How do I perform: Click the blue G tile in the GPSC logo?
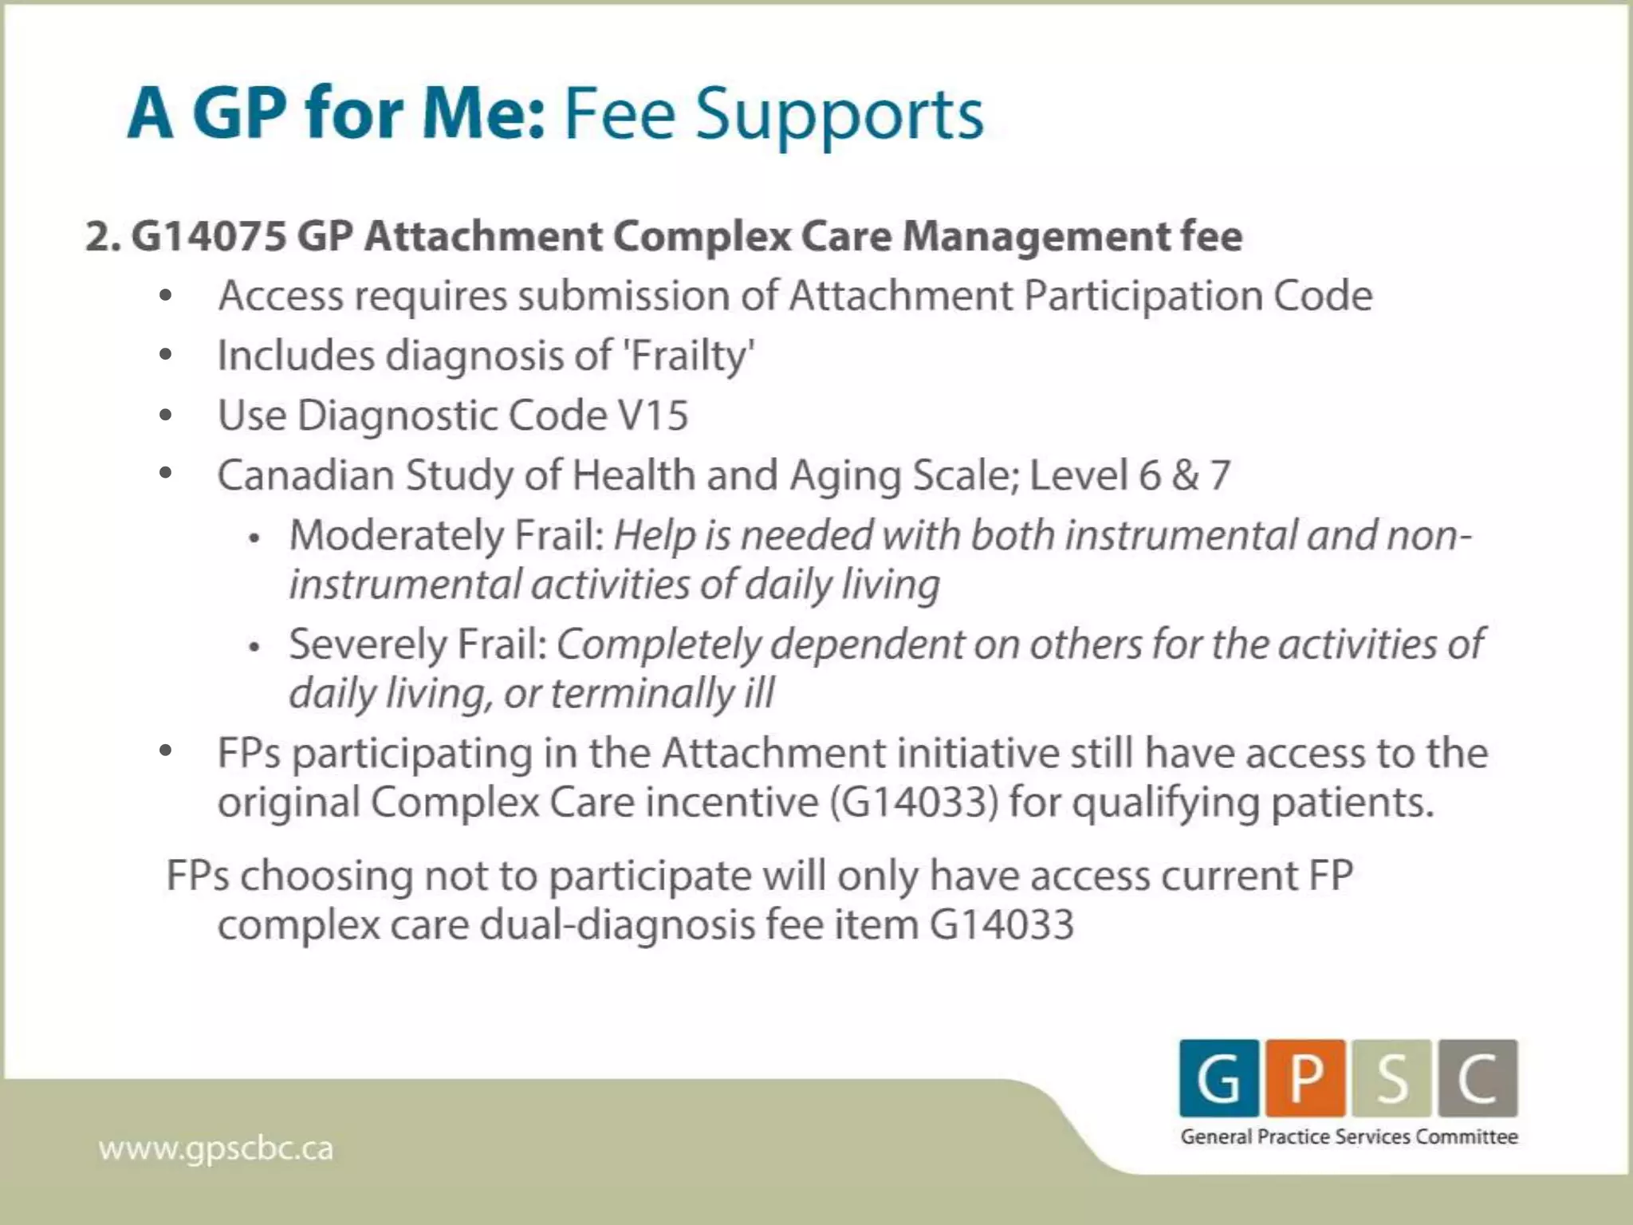pyautogui.click(x=1218, y=1078)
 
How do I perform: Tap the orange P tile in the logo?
pyautogui.click(x=1305, y=1078)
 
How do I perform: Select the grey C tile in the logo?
pyautogui.click(x=1478, y=1078)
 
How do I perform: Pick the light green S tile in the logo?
pyautogui.click(x=1391, y=1078)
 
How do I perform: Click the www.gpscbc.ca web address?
pyautogui.click(x=215, y=1149)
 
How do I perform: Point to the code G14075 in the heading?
pyautogui.click(x=209, y=236)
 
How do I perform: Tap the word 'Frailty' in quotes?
pyautogui.click(x=690, y=356)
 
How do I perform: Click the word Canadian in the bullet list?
pyautogui.click(x=305, y=475)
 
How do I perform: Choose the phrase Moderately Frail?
pyautogui.click(x=447, y=535)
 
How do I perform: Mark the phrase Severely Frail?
pyautogui.click(x=418, y=644)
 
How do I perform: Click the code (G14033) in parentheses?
pyautogui.click(x=914, y=802)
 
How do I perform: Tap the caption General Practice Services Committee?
pyautogui.click(x=1349, y=1136)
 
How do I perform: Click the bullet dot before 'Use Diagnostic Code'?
pyautogui.click(x=166, y=415)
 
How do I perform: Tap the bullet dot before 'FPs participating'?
pyautogui.click(x=166, y=750)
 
